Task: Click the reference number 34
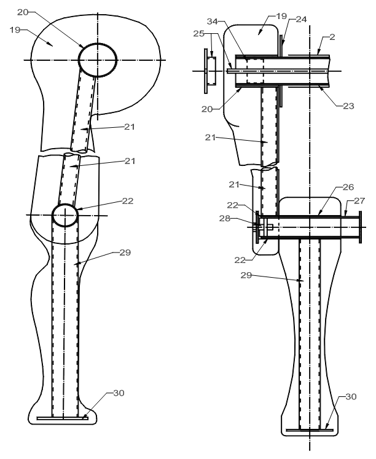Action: pos(213,22)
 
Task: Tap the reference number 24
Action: pos(301,19)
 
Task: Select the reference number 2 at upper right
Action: pos(332,37)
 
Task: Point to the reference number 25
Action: pos(199,34)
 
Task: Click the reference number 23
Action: pos(348,106)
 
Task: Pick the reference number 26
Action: pos(348,187)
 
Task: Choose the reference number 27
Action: pos(359,201)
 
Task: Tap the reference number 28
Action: pos(225,218)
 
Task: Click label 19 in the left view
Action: pos(15,29)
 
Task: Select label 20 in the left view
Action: pos(23,12)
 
